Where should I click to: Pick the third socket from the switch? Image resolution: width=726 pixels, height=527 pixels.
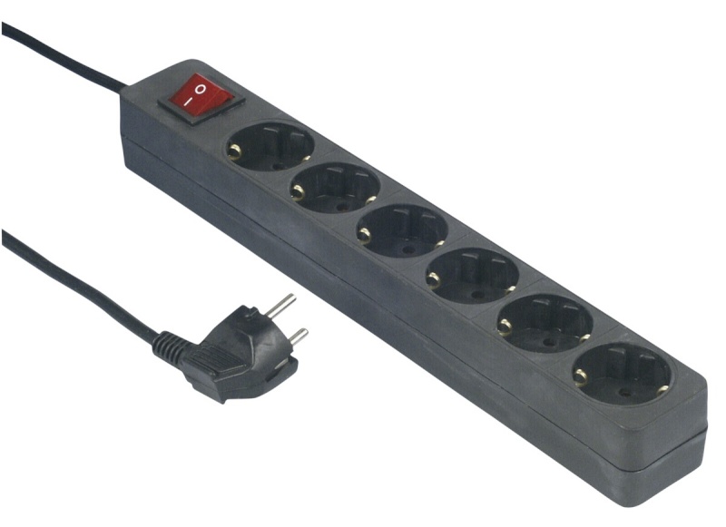[x=403, y=229]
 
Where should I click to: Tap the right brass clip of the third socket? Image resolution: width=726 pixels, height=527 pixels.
[x=440, y=242]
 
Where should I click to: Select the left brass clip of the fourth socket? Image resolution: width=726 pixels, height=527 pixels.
[x=435, y=278]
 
